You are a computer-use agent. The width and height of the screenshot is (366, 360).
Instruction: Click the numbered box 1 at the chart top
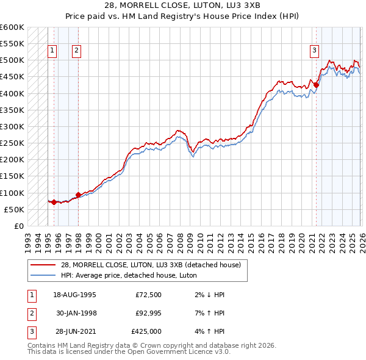(x=52, y=51)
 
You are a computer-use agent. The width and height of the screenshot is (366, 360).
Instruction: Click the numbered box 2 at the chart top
(x=76, y=51)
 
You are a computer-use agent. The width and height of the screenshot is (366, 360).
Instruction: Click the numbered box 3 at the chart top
(x=314, y=51)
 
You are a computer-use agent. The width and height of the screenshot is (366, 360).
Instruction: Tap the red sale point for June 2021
(x=316, y=85)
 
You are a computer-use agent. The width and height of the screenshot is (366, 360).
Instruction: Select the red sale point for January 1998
(x=78, y=195)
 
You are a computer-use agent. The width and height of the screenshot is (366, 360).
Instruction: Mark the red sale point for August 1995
(x=54, y=202)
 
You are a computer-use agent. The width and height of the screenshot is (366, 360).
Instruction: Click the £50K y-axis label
(x=14, y=209)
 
